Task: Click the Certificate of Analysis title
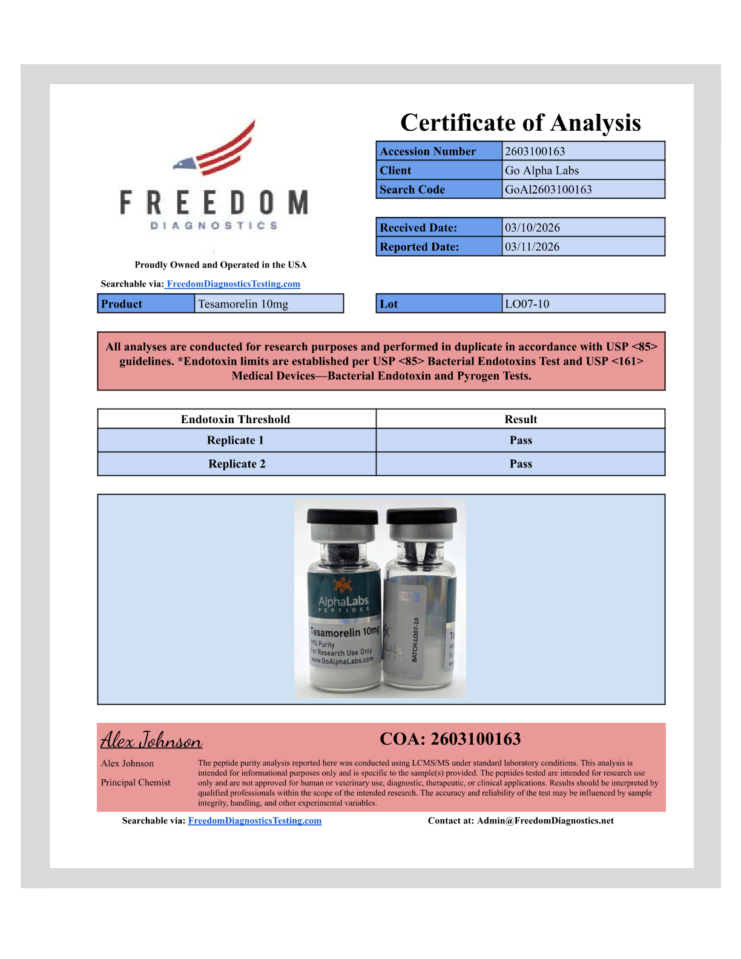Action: click(520, 123)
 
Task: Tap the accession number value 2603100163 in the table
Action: click(535, 151)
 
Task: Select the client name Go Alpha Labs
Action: click(542, 171)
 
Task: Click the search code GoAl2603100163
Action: click(548, 189)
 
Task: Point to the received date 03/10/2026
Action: click(532, 228)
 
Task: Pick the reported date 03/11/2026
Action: click(532, 247)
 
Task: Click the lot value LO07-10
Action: click(527, 304)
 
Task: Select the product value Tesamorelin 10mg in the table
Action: click(243, 304)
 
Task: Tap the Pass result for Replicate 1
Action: click(521, 440)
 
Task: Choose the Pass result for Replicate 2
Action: click(521, 464)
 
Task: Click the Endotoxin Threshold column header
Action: click(235, 419)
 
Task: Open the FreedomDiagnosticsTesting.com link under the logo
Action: click(233, 284)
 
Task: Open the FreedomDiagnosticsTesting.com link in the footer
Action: click(255, 821)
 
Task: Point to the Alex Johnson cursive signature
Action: click(151, 740)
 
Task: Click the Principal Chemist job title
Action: click(136, 782)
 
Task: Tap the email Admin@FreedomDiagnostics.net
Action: click(545, 821)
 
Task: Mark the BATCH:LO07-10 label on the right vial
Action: click(416, 640)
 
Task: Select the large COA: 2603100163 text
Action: click(450, 739)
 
